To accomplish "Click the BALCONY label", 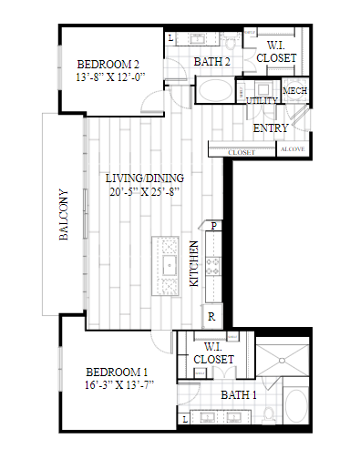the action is pos(64,215).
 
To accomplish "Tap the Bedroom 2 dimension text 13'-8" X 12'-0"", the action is pos(110,77).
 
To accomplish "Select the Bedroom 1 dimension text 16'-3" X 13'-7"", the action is pos(119,385).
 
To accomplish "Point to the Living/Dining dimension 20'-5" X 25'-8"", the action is pos(145,192).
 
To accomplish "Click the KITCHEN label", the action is pos(194,263).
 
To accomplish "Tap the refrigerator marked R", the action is pos(211,316).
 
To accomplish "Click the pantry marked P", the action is pos(213,226).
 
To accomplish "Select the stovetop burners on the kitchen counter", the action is pos(212,266).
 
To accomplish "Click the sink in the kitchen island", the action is pos(170,265).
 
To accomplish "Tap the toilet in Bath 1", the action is pos(269,414).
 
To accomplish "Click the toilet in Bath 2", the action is pos(231,42).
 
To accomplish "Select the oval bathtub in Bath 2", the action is pos(215,90).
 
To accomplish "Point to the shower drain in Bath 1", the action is pos(282,361).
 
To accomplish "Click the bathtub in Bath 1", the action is pos(296,405).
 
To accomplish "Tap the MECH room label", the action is pos(294,91).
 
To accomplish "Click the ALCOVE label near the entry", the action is pos(293,149).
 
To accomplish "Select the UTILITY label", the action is pos(262,101).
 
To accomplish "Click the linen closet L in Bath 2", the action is pos(170,38).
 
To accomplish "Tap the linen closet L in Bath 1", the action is pos(185,420).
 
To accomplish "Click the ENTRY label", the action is pos(271,128).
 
